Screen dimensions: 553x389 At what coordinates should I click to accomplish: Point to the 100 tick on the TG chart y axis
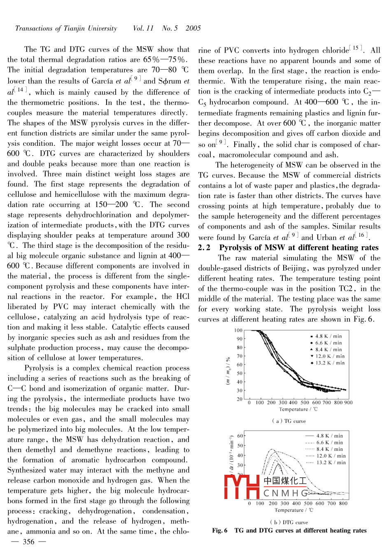tap(238, 330)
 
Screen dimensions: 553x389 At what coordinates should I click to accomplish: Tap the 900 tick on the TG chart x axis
tap(348, 403)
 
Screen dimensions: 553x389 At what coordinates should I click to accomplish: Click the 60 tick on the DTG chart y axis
tap(240, 436)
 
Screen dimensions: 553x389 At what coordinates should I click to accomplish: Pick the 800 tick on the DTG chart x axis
tap(343, 503)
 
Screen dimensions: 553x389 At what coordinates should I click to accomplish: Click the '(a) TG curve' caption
tap(289, 421)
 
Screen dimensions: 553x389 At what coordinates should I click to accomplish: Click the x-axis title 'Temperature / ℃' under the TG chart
tap(298, 409)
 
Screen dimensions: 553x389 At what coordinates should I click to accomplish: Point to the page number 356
tap(28, 542)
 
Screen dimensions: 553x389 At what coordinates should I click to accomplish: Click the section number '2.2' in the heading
tap(204, 247)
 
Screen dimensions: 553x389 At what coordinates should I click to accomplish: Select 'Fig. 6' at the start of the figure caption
tap(220, 530)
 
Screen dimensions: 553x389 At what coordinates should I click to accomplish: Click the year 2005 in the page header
tap(193, 28)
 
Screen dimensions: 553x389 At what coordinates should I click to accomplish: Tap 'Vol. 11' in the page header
tap(143, 28)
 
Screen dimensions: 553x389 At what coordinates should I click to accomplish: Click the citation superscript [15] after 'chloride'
tap(356, 48)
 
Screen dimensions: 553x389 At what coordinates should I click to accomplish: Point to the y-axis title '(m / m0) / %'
tap(228, 370)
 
